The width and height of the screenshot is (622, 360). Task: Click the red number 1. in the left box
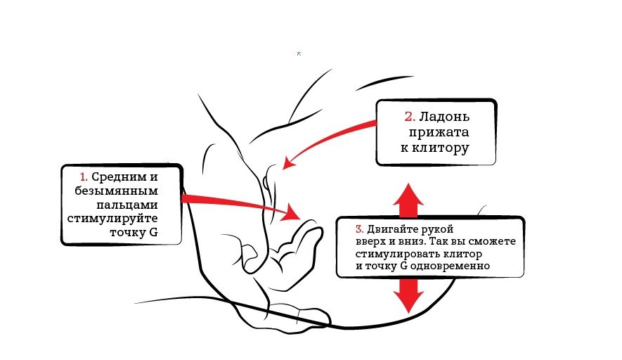(x=84, y=176)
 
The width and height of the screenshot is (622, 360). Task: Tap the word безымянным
(x=116, y=191)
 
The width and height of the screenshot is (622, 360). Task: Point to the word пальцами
(x=127, y=205)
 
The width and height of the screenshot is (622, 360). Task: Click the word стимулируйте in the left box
(x=112, y=219)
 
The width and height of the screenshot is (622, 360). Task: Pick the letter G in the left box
(x=153, y=232)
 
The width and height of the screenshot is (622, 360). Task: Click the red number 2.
(x=410, y=117)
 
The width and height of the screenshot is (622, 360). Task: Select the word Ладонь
(x=444, y=117)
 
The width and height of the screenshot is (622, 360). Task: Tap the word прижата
(x=439, y=133)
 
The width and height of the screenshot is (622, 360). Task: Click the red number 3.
(x=359, y=229)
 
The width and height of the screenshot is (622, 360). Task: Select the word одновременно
(x=450, y=266)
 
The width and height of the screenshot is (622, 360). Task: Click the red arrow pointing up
(x=408, y=200)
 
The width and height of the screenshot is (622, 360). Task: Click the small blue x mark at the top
(x=299, y=53)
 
